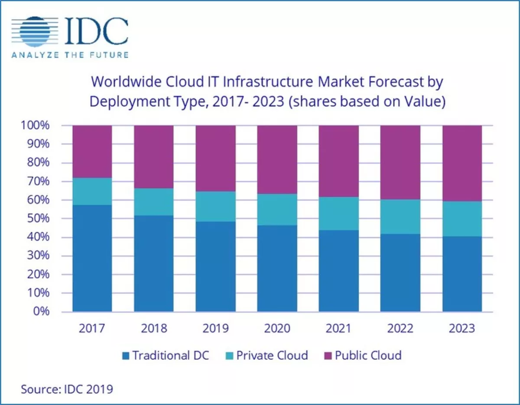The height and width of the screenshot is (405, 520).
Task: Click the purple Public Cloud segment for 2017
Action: point(92,152)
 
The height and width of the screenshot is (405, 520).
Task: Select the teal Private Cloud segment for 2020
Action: point(277,210)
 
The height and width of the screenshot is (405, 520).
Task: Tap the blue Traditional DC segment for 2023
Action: point(462,274)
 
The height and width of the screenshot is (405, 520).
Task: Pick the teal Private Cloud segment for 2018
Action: point(154,202)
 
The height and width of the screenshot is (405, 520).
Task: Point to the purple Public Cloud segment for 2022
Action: point(400,162)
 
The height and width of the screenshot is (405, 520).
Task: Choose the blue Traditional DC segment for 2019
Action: point(215,266)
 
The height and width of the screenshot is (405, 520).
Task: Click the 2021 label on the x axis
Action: point(338,329)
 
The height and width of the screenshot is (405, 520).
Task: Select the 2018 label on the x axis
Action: point(154,329)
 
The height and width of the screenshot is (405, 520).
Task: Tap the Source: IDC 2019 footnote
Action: point(67,389)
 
